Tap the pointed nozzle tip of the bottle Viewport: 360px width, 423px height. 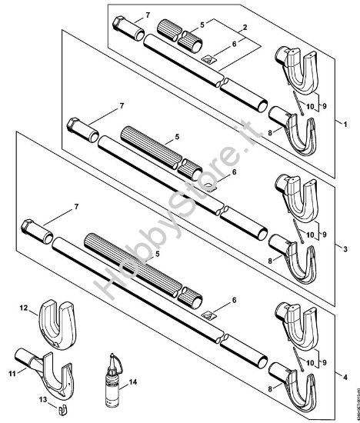[112, 355]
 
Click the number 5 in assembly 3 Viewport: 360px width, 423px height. [177, 136]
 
